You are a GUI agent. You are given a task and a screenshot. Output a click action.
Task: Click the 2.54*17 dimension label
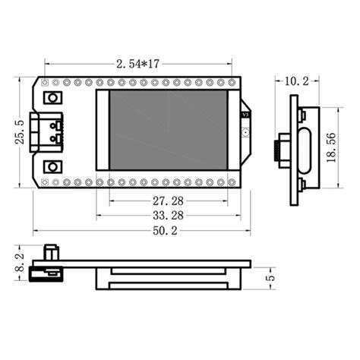[137, 66]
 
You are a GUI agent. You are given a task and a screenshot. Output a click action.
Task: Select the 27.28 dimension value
[167, 202]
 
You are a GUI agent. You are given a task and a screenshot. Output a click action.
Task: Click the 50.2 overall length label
[159, 231]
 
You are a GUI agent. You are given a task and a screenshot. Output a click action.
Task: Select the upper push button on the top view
[53, 98]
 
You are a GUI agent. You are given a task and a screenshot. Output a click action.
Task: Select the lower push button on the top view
[53, 165]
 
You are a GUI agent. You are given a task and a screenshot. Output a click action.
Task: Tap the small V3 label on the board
[244, 115]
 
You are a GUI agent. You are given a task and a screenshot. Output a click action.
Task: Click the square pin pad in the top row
[45, 81]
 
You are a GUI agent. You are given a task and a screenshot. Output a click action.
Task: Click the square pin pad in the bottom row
[45, 182]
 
